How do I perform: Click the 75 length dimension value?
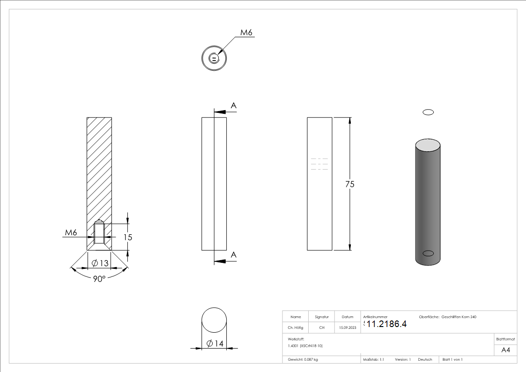pos(349,184)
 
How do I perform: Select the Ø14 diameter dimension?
pos(215,343)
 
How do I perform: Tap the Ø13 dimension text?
pos(100,263)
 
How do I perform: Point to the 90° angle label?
pos(99,279)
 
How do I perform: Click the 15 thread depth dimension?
pos(128,238)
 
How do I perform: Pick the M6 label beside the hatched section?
pos(71,232)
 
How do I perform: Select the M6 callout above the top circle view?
pos(246,32)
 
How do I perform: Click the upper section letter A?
pos(233,106)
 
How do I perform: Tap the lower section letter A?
pos(233,255)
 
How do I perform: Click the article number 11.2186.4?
pos(386,324)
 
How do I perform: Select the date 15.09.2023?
pos(348,327)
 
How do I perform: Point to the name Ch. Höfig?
pos(296,327)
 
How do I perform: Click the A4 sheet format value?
pos(505,350)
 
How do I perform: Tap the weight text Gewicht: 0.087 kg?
pos(303,360)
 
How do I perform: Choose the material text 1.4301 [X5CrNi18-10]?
pos(305,346)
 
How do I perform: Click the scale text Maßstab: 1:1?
pos(373,360)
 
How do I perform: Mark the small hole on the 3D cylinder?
pos(428,253)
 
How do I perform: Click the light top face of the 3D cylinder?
pos(428,146)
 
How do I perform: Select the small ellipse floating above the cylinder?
pos(428,112)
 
